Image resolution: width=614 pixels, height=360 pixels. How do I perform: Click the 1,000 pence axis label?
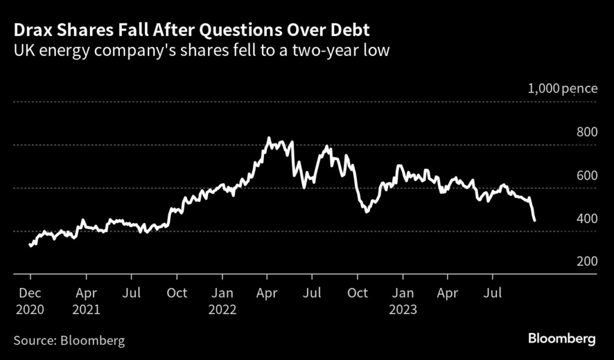pos(562,89)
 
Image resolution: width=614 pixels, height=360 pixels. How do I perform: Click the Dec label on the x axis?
pos(31,293)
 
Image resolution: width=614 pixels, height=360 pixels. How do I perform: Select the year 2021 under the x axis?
pos(86,311)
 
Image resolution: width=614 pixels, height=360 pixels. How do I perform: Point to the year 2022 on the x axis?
pos(222,311)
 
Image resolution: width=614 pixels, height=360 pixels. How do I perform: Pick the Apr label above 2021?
pos(86,293)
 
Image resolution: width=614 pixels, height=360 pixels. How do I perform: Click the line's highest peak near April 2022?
pos(269,139)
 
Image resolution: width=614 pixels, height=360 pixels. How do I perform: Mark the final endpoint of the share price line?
pos(534,221)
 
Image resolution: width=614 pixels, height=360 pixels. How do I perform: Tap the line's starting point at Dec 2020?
pos(30,245)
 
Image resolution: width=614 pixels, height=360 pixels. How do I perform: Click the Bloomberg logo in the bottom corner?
pos(562,340)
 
